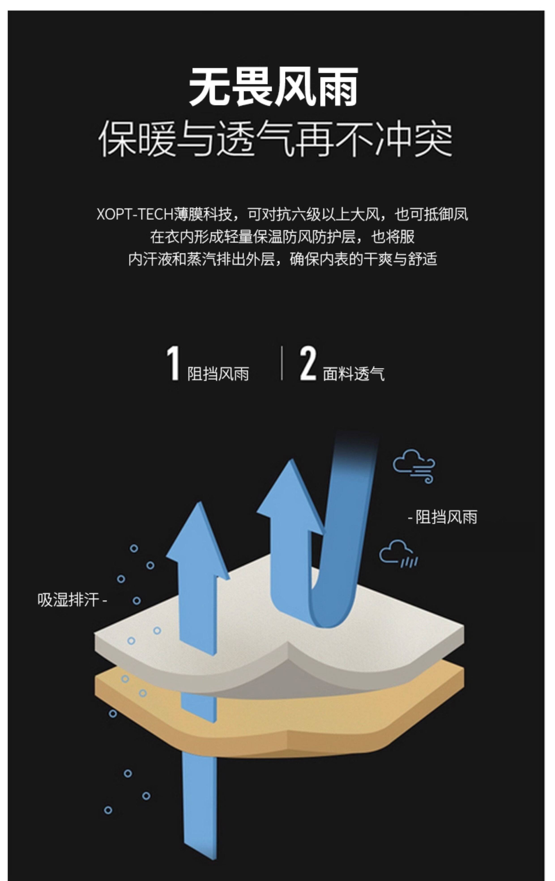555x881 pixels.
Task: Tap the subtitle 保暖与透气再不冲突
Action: pos(275,139)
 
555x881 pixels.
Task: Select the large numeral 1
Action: pos(173,364)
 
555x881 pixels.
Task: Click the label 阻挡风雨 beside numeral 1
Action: pos(218,374)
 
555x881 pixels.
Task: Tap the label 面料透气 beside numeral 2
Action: pos(353,374)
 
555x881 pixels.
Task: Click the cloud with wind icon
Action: pos(414,466)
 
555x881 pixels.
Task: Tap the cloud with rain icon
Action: pos(398,554)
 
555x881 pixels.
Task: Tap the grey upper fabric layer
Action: pos(384,637)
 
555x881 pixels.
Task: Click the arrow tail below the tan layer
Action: pos(200,805)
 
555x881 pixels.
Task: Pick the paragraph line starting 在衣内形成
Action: pos(282,237)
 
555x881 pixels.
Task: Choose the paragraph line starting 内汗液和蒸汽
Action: pos(282,259)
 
